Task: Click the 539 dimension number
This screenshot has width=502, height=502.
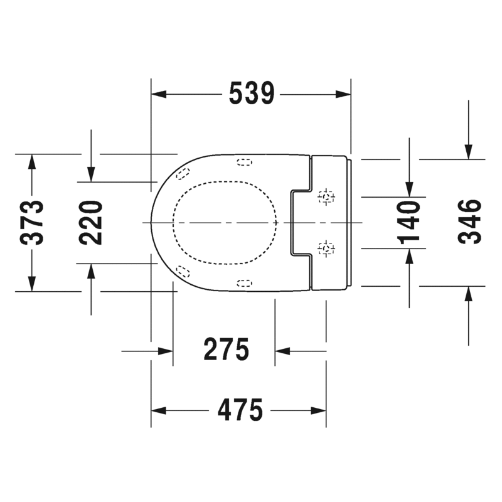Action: click(x=252, y=93)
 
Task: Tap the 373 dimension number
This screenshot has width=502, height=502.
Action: click(x=32, y=223)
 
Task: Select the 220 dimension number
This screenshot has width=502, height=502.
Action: click(x=90, y=223)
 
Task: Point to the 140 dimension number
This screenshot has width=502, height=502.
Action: click(x=409, y=223)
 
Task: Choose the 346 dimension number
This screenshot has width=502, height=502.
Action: click(x=469, y=222)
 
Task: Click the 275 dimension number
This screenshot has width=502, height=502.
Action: click(x=227, y=350)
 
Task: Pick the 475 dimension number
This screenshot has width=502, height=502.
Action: click(x=240, y=410)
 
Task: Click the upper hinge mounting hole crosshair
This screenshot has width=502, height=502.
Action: click(x=326, y=196)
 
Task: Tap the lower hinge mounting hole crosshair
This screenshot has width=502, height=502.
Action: click(x=326, y=248)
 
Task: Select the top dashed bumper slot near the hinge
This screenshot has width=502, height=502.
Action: click(x=245, y=163)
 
